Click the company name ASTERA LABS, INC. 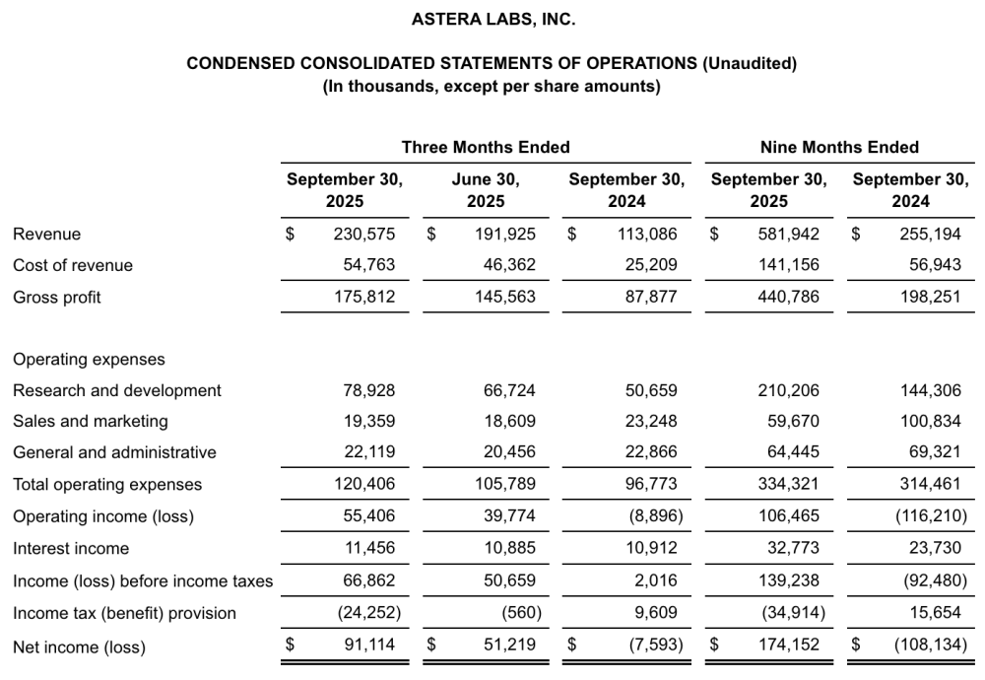click(x=492, y=19)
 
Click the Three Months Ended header click(x=486, y=147)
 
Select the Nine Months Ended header click(x=839, y=147)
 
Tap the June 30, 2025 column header click(x=486, y=190)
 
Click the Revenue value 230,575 click(x=364, y=235)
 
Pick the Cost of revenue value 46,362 click(x=506, y=265)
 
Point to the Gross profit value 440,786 click(x=789, y=297)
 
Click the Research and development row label click(x=117, y=390)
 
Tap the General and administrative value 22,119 click(x=366, y=452)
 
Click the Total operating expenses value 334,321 click(x=789, y=484)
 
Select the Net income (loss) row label click(x=79, y=647)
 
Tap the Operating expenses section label click(x=89, y=359)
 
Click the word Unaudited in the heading click(x=750, y=63)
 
